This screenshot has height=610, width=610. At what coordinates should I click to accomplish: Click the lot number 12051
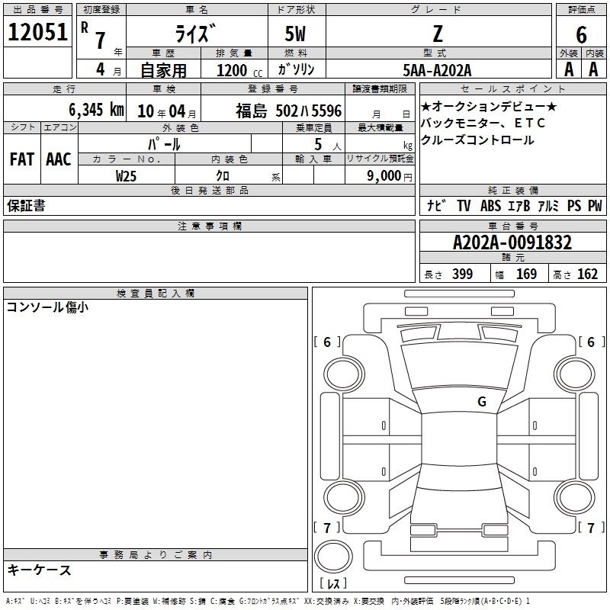[37, 32]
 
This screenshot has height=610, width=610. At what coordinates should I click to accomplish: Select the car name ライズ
[195, 34]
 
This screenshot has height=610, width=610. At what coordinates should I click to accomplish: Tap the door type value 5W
[295, 34]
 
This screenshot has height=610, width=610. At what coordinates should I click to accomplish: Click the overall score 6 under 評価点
[581, 35]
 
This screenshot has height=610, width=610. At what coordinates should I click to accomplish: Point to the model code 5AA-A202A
[437, 70]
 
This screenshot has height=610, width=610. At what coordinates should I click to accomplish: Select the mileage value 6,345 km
[96, 110]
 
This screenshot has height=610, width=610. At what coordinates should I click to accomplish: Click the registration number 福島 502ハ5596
[289, 111]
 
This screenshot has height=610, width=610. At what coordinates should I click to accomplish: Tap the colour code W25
[126, 176]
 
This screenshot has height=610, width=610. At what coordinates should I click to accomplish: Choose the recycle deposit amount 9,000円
[389, 176]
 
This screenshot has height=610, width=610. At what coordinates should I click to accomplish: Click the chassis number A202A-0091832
[512, 242]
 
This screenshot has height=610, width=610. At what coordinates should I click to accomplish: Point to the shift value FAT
[22, 159]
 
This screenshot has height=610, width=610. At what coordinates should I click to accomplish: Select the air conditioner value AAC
[59, 159]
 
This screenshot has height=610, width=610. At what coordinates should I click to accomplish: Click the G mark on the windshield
[482, 402]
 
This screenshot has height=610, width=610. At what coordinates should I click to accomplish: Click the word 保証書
[26, 205]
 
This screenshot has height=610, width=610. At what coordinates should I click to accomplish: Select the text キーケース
[40, 570]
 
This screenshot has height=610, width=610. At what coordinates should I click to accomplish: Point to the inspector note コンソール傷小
[47, 307]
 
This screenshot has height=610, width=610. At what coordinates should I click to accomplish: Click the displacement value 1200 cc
[239, 71]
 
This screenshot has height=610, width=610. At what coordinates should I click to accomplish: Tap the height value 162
[587, 274]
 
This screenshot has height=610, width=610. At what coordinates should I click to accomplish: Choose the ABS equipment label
[490, 205]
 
